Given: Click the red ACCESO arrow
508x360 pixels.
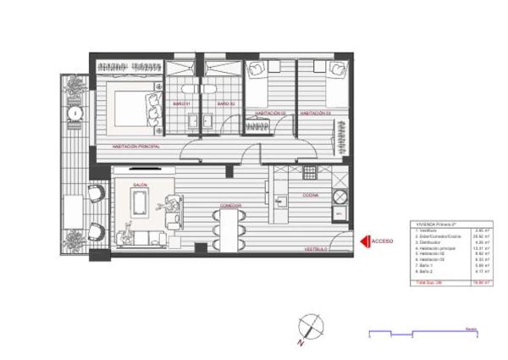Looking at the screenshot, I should [365, 241].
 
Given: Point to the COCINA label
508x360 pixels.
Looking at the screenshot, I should [311, 194].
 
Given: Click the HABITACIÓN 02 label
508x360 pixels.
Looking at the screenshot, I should [270, 112].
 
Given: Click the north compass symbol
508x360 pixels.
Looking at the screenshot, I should [311, 325].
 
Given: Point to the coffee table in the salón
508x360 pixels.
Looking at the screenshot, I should [139, 204].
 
